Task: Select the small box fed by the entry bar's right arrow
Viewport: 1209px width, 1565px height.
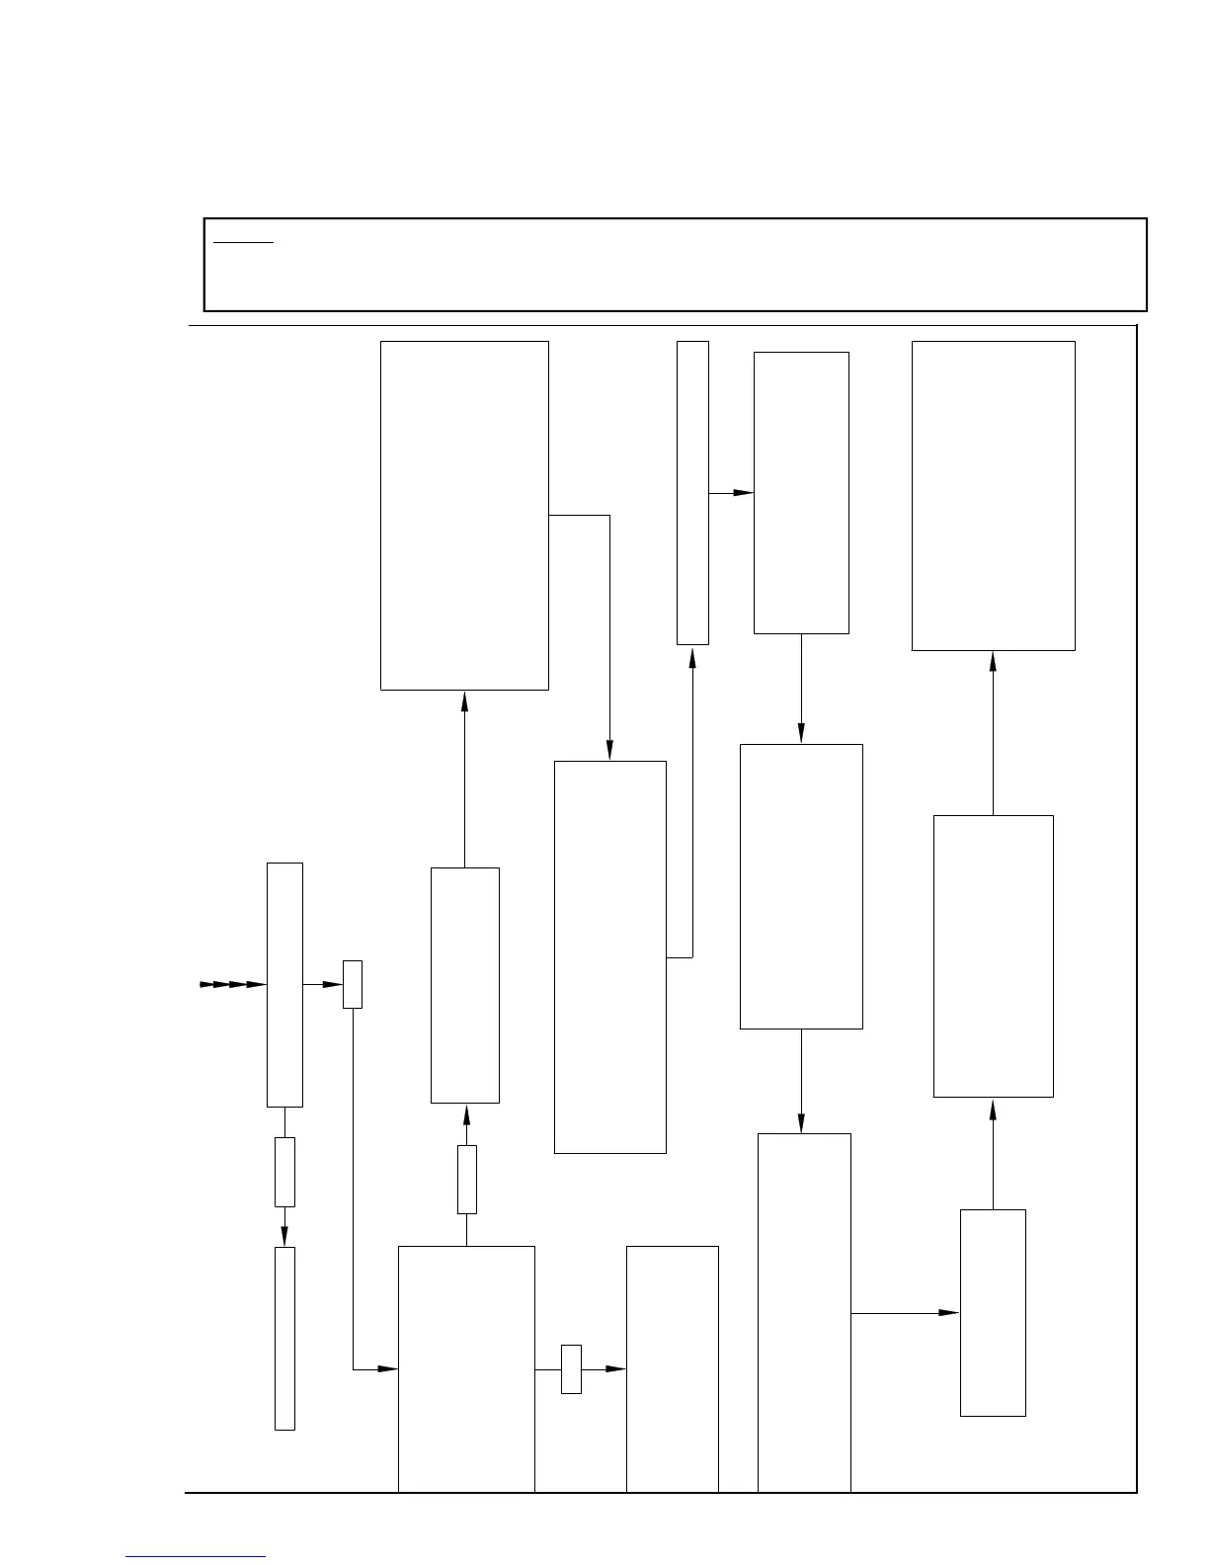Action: click(x=353, y=984)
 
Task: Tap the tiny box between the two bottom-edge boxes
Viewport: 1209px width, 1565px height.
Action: click(x=571, y=1368)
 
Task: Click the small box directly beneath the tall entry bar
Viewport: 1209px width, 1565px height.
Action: click(x=284, y=1172)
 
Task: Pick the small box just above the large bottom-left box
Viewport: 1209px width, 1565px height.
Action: click(x=467, y=1179)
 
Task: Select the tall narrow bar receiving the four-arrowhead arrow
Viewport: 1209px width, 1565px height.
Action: click(x=284, y=984)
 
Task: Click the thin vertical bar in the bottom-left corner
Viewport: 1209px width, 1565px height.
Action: click(x=284, y=1338)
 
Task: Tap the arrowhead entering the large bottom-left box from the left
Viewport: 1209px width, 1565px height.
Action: click(x=388, y=1368)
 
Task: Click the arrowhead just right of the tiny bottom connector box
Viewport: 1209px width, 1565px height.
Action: click(x=615, y=1368)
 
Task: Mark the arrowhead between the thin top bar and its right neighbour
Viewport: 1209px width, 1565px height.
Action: click(x=743, y=492)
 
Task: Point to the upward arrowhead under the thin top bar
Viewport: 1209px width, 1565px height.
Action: click(x=692, y=655)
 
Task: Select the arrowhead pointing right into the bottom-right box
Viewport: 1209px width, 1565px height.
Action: click(x=948, y=1313)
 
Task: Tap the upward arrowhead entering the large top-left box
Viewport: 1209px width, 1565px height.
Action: click(x=464, y=700)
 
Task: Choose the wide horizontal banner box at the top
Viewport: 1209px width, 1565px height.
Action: click(x=675, y=265)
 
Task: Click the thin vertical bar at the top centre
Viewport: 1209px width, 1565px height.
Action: click(x=692, y=492)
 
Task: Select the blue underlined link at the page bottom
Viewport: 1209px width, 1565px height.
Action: click(x=196, y=1556)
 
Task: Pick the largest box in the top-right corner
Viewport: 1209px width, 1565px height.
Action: click(x=993, y=496)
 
